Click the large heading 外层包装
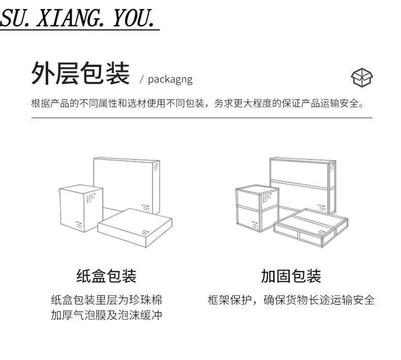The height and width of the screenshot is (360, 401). click(x=80, y=74)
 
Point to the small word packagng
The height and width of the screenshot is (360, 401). click(x=170, y=80)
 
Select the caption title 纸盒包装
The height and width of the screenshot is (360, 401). click(x=106, y=276)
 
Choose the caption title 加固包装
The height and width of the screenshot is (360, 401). click(x=291, y=276)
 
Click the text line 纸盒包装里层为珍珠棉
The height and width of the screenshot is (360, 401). click(x=106, y=300)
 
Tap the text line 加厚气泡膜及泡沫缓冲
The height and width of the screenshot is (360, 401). click(x=106, y=315)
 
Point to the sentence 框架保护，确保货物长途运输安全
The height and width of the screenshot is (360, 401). click(x=291, y=300)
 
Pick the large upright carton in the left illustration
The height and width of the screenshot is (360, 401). click(x=127, y=183)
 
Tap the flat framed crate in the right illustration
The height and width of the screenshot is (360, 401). click(x=311, y=227)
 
